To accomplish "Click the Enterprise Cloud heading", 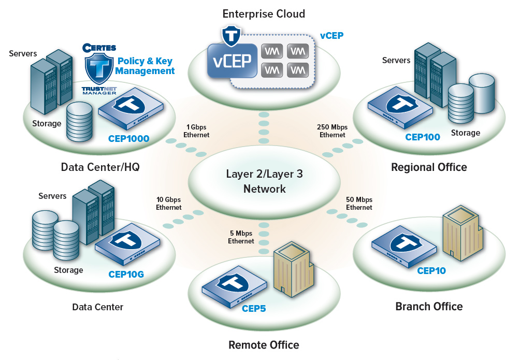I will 264,13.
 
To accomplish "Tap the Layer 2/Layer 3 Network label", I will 264,181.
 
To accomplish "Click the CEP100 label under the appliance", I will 423,137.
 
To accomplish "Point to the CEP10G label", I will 126,275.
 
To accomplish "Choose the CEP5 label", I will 254,309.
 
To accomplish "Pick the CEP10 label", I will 431,270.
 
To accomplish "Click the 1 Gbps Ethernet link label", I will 196,131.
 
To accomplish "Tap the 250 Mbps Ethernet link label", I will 332,131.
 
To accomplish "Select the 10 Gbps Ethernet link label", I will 169,204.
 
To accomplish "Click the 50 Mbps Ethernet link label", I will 359,204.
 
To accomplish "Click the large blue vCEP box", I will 232,61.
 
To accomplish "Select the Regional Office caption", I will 429,167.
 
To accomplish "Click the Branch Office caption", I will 429,306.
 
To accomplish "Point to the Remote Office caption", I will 264,344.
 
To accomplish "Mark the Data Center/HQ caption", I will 100,167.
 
